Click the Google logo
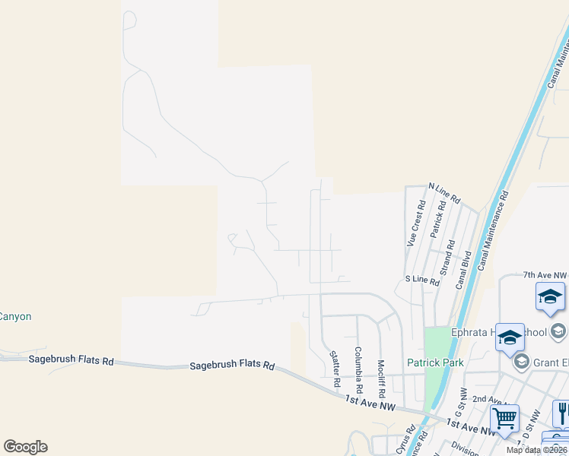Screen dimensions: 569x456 (25, 447)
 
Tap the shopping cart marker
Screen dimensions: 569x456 (504, 419)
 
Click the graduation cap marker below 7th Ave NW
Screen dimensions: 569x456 (550, 297)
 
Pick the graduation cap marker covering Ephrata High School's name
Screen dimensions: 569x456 (510, 338)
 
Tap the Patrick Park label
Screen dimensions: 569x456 (435, 363)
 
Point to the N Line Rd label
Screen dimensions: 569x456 (445, 193)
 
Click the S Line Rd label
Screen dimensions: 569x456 (422, 281)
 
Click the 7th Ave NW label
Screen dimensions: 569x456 (545, 275)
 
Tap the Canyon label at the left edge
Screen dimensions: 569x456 (15, 316)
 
